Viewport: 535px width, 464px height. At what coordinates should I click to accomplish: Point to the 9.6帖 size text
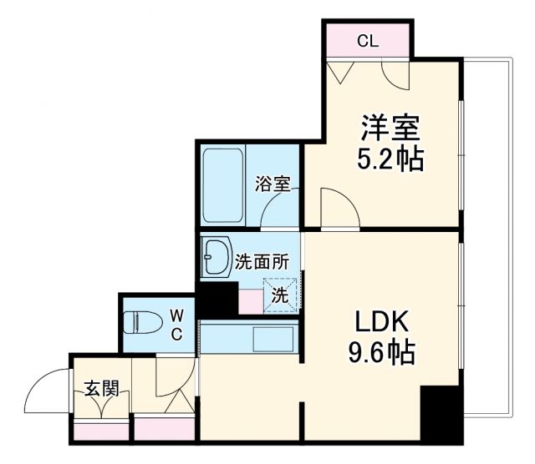[x=381, y=353]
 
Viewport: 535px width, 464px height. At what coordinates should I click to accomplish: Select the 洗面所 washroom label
[x=262, y=260]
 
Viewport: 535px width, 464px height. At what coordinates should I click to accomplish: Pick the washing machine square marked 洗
[x=280, y=295]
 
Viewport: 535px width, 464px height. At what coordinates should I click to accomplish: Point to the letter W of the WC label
[x=176, y=315]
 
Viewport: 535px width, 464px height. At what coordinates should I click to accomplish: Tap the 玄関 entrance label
[x=101, y=388]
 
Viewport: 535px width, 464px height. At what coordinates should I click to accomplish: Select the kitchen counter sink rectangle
[x=273, y=339]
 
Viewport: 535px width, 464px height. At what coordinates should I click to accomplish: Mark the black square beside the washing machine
[x=217, y=298]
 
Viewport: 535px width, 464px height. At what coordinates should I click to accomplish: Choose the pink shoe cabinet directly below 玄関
[x=101, y=431]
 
